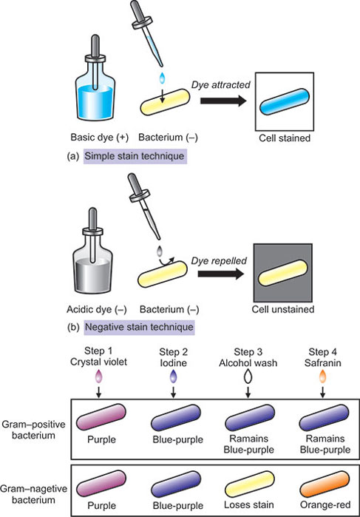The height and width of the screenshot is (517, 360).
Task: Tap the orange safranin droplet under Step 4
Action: tap(322, 378)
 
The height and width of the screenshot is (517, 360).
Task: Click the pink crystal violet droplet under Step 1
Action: tap(101, 378)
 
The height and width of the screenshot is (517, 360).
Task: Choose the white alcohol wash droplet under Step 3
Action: tap(247, 378)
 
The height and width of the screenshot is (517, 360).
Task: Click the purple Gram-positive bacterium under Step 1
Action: tap(101, 415)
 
